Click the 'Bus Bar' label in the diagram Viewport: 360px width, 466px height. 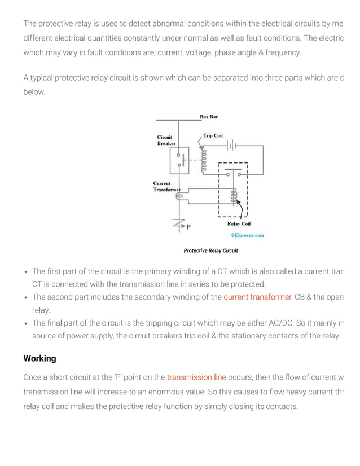click(x=208, y=117)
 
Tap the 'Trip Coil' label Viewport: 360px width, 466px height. click(x=213, y=136)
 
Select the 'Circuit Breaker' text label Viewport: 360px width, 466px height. click(x=166, y=140)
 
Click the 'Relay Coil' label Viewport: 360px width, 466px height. click(x=239, y=224)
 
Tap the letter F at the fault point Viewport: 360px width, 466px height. click(x=188, y=227)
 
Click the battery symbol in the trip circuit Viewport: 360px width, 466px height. click(x=231, y=146)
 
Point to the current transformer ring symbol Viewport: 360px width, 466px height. click(x=179, y=196)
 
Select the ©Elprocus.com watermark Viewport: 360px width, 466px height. click(x=247, y=235)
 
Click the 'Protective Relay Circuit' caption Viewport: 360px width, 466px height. click(x=210, y=250)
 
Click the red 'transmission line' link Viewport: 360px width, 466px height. click(x=196, y=377)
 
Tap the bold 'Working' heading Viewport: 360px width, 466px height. click(x=39, y=359)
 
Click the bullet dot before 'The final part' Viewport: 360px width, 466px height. click(x=26, y=323)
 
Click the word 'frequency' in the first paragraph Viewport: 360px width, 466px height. click(x=282, y=52)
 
